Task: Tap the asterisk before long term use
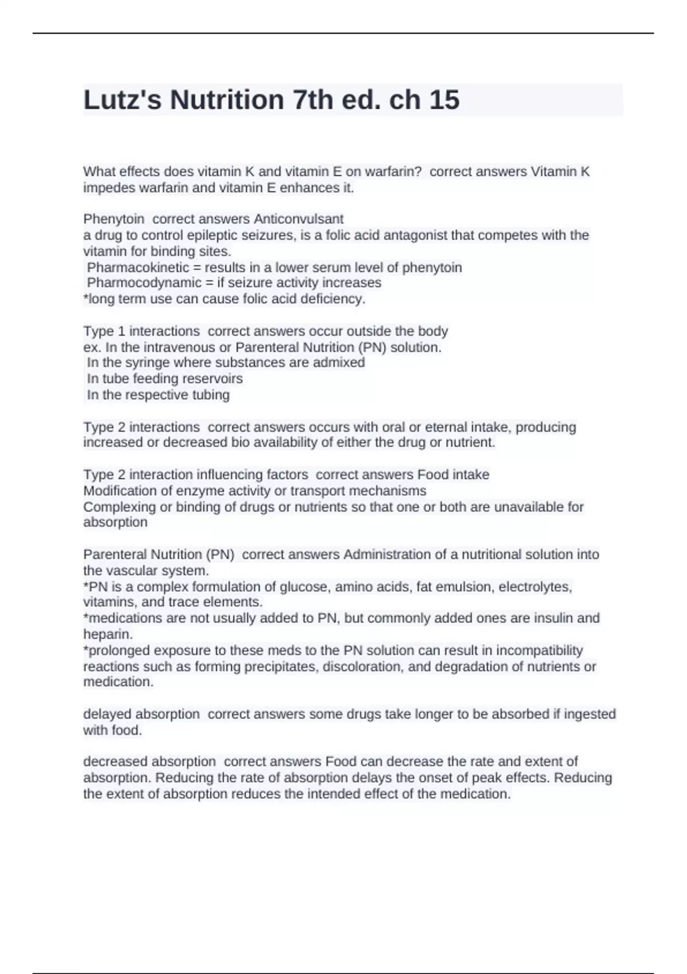pos(85,298)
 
